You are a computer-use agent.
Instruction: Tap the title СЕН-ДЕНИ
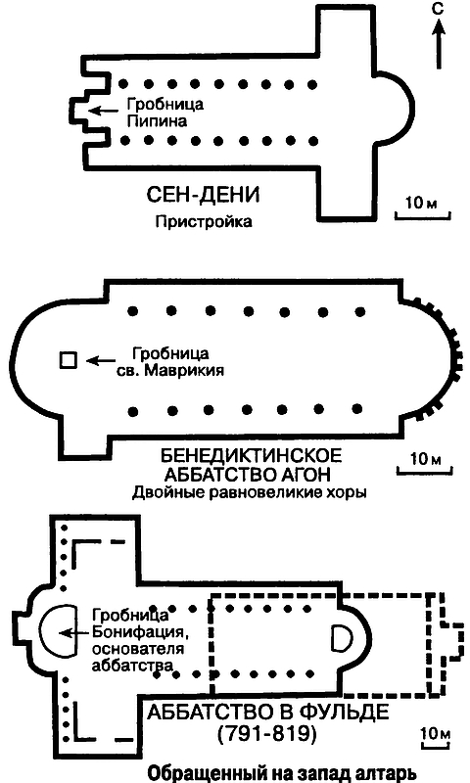point(204,195)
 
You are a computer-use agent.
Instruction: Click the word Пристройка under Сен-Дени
point(204,221)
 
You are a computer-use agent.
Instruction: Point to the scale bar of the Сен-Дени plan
point(423,214)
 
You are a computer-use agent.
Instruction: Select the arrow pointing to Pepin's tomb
point(104,110)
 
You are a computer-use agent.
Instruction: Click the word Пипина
point(157,121)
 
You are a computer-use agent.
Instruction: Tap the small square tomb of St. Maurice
point(68,360)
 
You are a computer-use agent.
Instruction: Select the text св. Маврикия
point(174,371)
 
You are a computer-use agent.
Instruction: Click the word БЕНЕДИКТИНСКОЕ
point(252,456)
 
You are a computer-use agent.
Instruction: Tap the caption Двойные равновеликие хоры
point(250,493)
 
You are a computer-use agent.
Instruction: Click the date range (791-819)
point(267,733)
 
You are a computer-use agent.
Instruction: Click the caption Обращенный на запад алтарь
point(282,772)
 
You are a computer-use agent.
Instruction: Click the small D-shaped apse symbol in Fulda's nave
point(341,638)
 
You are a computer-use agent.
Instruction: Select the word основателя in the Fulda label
point(138,649)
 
